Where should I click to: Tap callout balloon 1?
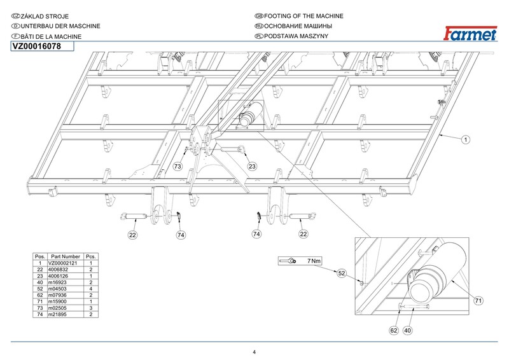tap(466, 139)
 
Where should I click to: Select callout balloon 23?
tap(252, 167)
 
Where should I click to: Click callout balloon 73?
tap(178, 167)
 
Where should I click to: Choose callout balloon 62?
tap(394, 330)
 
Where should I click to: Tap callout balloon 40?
tap(408, 330)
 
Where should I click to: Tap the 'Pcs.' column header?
tap(90, 256)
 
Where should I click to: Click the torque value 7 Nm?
tap(314, 261)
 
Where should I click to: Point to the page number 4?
tap(254, 352)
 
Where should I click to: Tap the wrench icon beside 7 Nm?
tap(288, 261)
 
